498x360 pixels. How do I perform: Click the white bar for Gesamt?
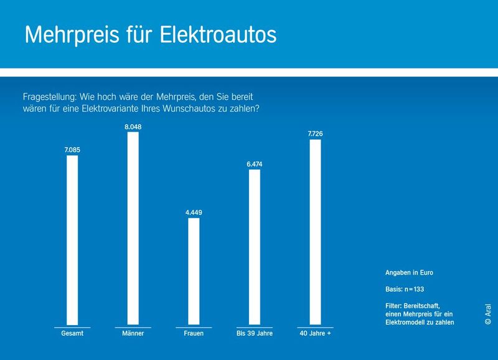(72, 240)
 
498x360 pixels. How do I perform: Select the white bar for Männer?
(133, 229)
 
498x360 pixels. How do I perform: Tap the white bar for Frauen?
(194, 272)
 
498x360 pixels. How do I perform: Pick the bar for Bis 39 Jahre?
(255, 247)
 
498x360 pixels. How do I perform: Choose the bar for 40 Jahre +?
(316, 232)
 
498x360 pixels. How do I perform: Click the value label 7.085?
(72, 149)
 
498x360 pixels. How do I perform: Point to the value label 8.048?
(133, 126)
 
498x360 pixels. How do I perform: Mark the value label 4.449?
(194, 212)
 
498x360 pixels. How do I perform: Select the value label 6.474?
(255, 164)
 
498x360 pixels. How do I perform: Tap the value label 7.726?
(316, 134)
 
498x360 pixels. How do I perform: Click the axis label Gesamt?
(72, 334)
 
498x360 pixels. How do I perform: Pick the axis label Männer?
(133, 334)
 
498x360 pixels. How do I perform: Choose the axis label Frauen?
(194, 334)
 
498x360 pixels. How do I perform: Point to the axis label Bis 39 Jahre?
(255, 334)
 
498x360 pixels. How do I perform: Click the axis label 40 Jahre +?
(316, 334)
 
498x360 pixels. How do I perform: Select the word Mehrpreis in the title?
(68, 35)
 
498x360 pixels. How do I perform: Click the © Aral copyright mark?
(487, 315)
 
